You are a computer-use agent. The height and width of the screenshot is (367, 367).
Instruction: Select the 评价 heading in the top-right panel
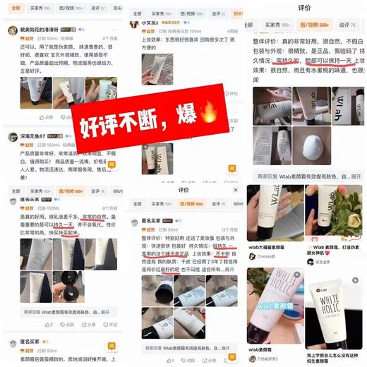pos(305,8)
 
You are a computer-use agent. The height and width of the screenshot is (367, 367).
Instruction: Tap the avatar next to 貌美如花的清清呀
pos(12,30)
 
